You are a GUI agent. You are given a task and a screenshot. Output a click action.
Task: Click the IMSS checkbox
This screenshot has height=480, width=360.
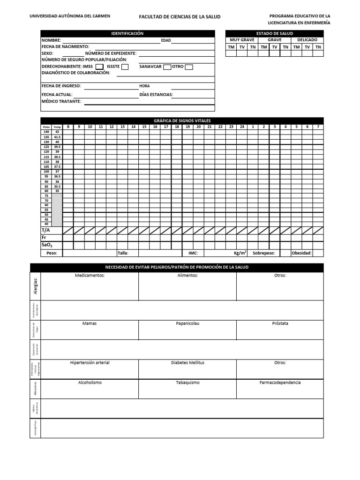pos(99,67)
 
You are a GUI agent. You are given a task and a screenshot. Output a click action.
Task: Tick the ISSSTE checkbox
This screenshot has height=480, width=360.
pos(125,67)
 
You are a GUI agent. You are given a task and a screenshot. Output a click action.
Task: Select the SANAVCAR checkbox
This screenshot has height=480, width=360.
pos(167,67)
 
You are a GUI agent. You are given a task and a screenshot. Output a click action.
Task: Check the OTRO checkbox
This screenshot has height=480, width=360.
pos(188,67)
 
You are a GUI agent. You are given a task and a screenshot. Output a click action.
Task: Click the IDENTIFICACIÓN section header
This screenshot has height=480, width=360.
pos(127,34)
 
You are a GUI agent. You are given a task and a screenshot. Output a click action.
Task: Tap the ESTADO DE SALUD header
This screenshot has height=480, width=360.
pos(274,34)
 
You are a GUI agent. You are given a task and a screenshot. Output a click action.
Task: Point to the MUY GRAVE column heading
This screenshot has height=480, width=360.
pos(242,40)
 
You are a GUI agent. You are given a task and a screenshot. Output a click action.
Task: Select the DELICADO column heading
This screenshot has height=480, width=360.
pos(307,40)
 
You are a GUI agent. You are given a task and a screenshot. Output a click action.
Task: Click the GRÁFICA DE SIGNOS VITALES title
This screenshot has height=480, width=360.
pos(182,120)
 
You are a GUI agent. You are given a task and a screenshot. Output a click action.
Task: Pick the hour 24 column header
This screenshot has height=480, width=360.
pos(242,127)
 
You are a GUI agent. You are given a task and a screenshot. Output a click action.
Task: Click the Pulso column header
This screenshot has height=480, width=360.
pos(46,127)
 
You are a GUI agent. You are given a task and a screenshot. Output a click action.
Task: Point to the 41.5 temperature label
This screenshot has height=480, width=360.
pos(57,137)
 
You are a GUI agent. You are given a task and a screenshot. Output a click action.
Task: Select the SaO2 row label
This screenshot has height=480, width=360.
pos(46,245)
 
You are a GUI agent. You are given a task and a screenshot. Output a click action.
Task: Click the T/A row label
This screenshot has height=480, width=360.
pos(45,230)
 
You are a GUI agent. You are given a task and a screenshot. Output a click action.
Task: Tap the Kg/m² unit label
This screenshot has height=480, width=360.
pos(240,253)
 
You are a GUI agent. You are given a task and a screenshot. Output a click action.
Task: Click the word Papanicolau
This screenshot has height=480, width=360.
pos(187,323)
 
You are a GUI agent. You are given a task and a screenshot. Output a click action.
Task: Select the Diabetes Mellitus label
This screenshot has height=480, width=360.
pos(187,363)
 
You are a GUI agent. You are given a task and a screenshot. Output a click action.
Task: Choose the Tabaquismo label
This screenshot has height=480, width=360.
pos(187,382)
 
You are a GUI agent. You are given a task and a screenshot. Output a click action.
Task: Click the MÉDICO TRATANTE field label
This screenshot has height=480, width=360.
pos(61,101)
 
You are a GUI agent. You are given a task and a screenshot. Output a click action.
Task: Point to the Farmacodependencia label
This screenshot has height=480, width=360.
pos(280,382)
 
